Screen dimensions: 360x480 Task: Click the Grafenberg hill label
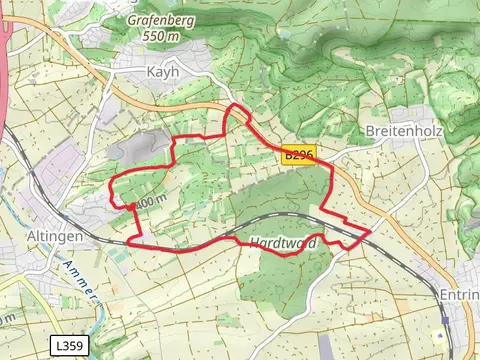162,19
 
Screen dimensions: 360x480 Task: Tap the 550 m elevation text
162,35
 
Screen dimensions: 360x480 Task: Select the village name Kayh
161,72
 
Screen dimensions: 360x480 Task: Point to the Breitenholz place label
398,131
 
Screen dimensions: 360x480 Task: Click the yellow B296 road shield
298,154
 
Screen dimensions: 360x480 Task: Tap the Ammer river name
77,281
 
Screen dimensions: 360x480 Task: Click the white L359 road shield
67,345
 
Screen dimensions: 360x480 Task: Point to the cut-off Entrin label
459,296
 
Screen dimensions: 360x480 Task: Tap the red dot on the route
131,207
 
